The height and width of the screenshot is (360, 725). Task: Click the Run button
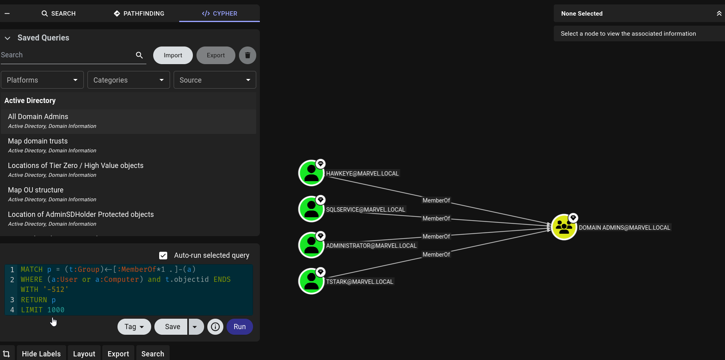click(239, 327)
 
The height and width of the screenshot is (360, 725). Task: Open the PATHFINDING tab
click(139, 14)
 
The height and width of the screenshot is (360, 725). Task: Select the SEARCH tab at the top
click(59, 14)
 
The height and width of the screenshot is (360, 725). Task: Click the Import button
click(173, 55)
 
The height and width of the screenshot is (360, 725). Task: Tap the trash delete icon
click(247, 55)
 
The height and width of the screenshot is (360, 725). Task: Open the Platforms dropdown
click(42, 80)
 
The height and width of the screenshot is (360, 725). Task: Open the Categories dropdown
click(129, 80)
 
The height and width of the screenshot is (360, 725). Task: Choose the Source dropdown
click(215, 80)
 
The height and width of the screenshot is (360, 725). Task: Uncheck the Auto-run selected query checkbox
click(163, 255)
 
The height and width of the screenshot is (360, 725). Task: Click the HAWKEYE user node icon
click(312, 173)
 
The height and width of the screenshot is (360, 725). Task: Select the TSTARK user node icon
click(312, 281)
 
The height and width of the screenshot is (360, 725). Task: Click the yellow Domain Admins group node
click(564, 227)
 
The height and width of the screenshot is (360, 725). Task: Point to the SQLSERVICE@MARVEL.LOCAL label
click(366, 210)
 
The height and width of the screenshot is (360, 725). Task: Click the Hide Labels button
click(41, 354)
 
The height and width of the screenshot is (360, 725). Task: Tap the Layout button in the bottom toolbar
click(84, 354)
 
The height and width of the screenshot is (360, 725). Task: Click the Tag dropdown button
click(134, 327)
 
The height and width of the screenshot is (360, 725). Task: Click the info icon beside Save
click(215, 327)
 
